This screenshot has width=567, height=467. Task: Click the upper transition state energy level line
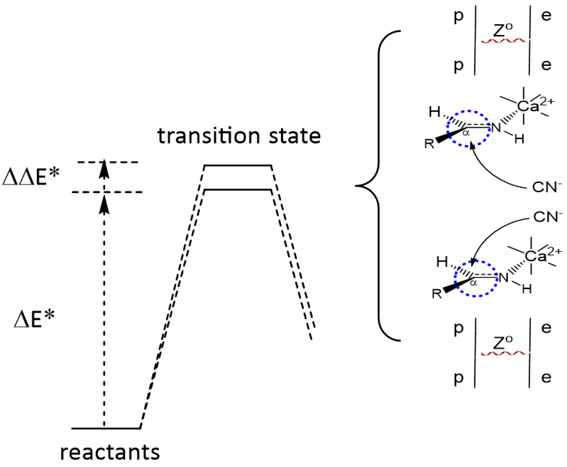tap(238, 165)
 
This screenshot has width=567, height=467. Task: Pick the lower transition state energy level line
tap(238, 190)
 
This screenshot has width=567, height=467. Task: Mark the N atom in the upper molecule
tap(496, 128)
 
